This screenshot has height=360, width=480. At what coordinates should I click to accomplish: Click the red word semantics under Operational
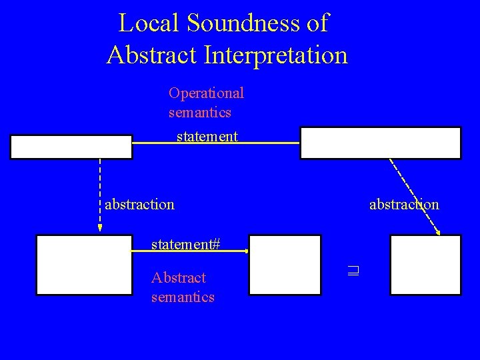200,112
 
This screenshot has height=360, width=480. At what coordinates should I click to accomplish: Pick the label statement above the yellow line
207,137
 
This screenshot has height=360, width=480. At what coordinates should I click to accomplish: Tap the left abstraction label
139,203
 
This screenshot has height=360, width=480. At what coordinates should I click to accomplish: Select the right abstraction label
404,203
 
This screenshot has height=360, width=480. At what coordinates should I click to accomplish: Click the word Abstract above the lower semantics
179,277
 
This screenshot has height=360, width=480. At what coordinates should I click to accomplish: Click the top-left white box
71,147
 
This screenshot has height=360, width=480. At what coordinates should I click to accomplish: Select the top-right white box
380,143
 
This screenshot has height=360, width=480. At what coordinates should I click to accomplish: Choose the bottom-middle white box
285,265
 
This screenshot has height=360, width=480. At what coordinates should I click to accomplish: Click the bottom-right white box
425,265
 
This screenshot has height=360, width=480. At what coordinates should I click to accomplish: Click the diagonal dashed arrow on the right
415,197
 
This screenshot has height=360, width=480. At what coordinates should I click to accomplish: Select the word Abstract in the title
148,54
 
